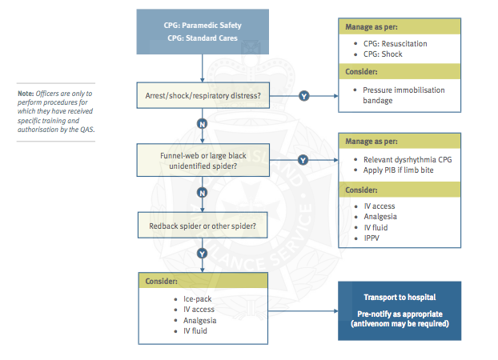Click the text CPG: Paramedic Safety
pos(204,26)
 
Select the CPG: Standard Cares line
pos(204,38)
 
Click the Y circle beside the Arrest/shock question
pos(303,97)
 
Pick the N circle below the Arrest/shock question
pos(203,124)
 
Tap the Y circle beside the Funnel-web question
pos(303,159)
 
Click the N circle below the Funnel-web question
pos(203,193)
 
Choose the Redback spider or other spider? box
pos(203,226)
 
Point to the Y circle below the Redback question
pos(203,254)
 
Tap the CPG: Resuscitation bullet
pos(396,43)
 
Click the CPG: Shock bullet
pos(383,54)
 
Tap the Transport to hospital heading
pos(398,297)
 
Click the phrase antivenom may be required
pos(398,323)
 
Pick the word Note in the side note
pos(26,94)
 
